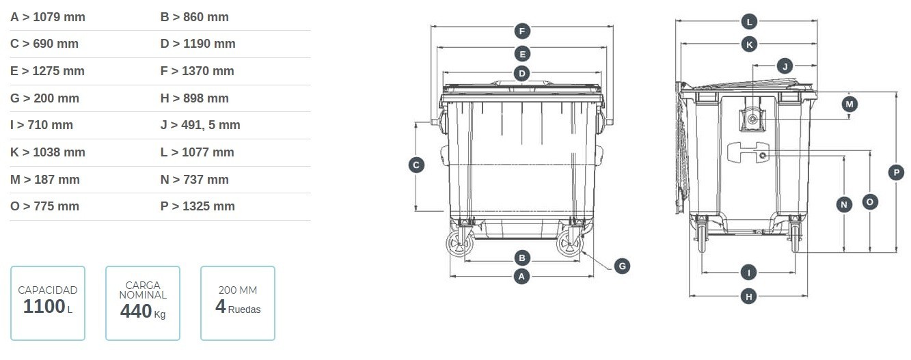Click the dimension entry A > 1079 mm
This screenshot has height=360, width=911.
[48, 17]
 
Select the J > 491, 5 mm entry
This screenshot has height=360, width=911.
[200, 125]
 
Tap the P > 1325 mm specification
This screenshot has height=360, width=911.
[198, 206]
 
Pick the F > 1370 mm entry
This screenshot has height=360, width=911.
[198, 70]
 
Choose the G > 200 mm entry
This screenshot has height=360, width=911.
[44, 98]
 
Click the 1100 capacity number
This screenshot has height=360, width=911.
[44, 306]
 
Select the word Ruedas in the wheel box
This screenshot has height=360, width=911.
[244, 309]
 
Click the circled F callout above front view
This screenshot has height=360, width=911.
[522, 31]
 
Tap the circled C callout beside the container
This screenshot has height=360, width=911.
[416, 165]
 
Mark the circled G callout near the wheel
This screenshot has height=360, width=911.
[622, 266]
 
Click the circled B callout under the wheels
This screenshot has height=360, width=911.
[521, 258]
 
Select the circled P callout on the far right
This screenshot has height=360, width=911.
[897, 172]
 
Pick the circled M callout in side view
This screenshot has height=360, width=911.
[849, 104]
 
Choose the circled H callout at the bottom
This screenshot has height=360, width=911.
[749, 296]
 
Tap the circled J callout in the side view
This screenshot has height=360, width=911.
[785, 66]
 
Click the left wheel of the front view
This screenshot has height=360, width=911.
[460, 244]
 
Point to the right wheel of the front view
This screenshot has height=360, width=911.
[570, 244]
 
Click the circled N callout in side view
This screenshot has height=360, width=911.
[844, 204]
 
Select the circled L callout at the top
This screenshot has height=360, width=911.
[749, 22]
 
